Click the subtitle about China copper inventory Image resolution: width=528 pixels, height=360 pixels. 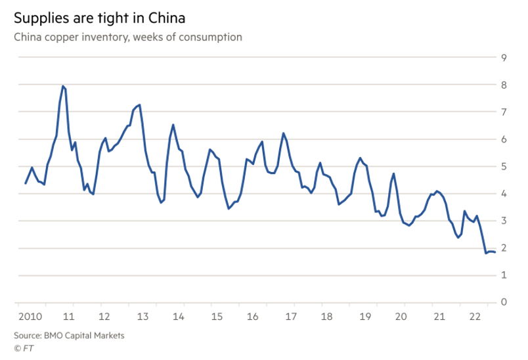pos(128,37)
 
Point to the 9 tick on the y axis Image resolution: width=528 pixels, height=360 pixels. pos(503,58)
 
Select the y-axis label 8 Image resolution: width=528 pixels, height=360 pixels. pos(503,85)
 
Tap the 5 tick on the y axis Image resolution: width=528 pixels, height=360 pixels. pos(503,166)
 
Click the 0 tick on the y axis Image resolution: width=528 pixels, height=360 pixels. pos(503,302)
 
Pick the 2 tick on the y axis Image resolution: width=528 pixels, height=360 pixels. pos(503,248)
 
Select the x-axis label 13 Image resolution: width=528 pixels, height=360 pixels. pos(141,317)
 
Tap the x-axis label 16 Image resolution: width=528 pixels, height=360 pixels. pos(253,317)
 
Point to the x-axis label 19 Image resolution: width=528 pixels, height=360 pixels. pos(366,317)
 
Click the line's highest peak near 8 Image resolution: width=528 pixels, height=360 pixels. pos(63,86)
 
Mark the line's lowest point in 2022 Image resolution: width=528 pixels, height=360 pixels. pos(486,253)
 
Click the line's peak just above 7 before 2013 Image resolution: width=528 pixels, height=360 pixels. pos(140,104)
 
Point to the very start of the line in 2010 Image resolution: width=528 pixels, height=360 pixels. pos(26,183)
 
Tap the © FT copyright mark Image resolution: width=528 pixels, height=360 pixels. pos(23,348)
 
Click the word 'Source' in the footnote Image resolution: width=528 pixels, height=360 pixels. pos(29,335)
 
